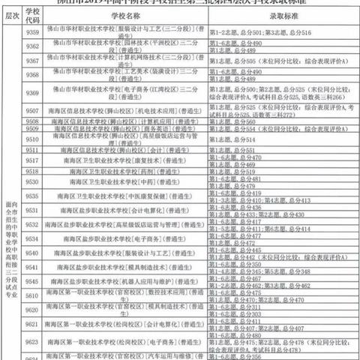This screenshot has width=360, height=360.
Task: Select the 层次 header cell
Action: (x=10, y=14)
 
